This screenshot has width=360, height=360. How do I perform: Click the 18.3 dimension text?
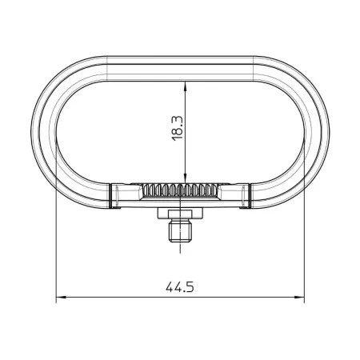(x=178, y=127)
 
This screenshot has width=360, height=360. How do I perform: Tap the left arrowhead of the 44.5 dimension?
(x=59, y=299)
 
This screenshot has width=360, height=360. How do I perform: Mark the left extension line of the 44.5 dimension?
(x=55, y=240)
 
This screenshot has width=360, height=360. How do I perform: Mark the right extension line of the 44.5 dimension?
(x=306, y=240)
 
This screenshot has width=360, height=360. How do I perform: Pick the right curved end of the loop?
(x=314, y=128)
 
